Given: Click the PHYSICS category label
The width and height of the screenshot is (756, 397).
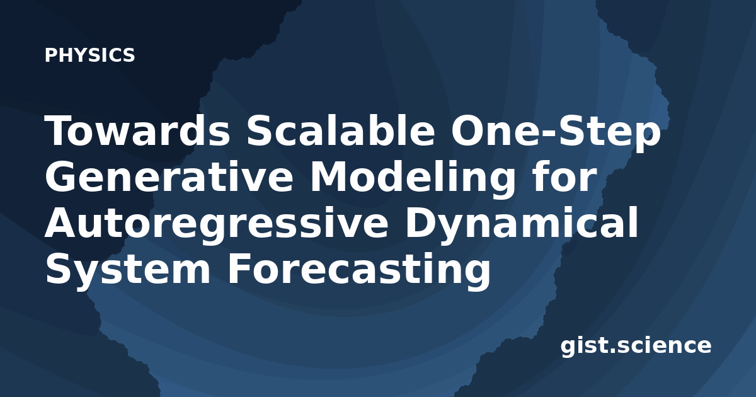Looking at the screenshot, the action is click(x=89, y=55).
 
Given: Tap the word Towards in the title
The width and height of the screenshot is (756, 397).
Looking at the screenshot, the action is click(x=137, y=130).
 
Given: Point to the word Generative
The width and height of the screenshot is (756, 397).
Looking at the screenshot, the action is click(x=169, y=176).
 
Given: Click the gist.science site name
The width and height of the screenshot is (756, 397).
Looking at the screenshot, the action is click(x=636, y=347).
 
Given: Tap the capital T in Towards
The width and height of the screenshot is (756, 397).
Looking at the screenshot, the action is click(x=60, y=130).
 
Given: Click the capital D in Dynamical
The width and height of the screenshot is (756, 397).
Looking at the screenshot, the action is click(x=423, y=222).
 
